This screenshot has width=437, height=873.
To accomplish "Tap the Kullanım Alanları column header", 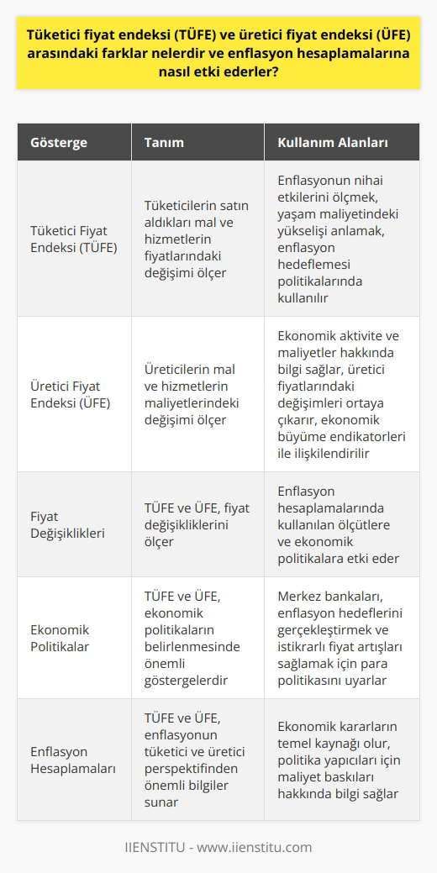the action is (332, 142).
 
